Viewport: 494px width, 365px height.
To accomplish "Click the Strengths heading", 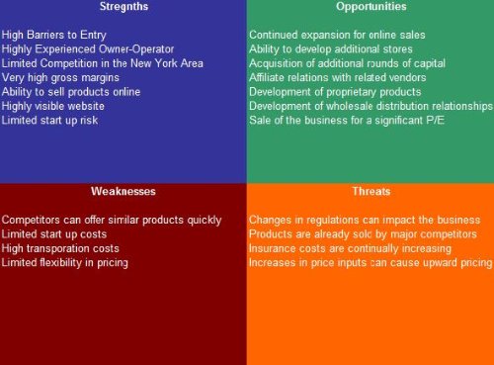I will pos(123,7).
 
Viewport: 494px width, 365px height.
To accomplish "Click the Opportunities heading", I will pos(370,7).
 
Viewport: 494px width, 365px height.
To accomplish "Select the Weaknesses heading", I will pos(123,191).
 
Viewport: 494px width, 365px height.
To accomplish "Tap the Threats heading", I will pos(370,191).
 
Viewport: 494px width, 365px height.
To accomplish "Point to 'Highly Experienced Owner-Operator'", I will pos(88,48).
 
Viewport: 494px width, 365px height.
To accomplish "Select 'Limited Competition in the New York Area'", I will pos(103,63).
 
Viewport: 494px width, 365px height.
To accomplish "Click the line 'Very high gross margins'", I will pos(62,77).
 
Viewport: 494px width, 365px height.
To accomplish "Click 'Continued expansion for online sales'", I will pos(337,35).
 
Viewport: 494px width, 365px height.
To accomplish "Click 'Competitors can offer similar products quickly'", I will pos(112,220).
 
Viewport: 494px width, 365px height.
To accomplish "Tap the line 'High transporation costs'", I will pos(60,248).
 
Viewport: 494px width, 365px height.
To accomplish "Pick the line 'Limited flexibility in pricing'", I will pos(65,263).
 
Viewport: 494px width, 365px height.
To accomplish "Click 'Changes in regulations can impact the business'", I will pos(365,220).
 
